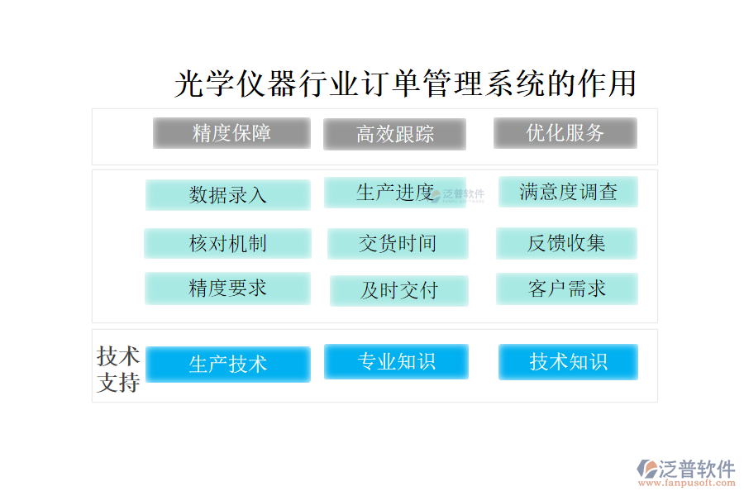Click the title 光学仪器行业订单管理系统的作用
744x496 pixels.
click(405, 83)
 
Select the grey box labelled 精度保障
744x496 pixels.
click(231, 133)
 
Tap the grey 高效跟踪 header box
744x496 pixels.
click(395, 134)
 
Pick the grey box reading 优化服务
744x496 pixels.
click(565, 133)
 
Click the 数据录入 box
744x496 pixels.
click(228, 194)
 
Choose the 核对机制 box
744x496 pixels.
click(228, 244)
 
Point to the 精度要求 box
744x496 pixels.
click(228, 289)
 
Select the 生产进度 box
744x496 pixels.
click(395, 193)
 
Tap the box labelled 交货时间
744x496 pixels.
click(398, 244)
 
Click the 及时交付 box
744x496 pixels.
click(399, 290)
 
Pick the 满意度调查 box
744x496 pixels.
click(568, 192)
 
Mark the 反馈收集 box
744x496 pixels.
click(566, 243)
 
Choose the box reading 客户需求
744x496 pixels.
click(567, 289)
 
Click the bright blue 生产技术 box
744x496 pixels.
click(228, 365)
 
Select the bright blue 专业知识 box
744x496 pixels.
click(396, 362)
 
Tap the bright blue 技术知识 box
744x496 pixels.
click(568, 362)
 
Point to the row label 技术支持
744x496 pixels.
click(118, 370)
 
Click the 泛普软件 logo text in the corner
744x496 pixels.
click(697, 469)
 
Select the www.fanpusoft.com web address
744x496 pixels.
click(687, 483)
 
